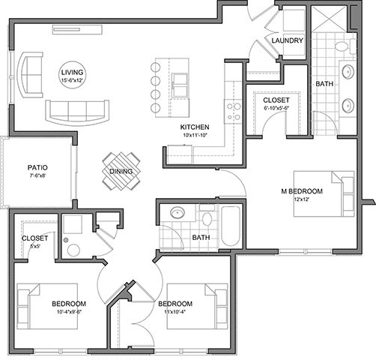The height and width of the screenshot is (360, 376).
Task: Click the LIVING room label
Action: pyautogui.click(x=72, y=73)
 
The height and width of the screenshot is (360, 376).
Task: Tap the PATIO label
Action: pyautogui.click(x=37, y=167)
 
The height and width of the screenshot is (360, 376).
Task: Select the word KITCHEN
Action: pyautogui.click(x=195, y=127)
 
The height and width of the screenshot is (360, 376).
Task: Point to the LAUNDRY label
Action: pyautogui.click(x=288, y=40)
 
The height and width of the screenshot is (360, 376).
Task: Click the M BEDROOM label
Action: pyautogui.click(x=302, y=191)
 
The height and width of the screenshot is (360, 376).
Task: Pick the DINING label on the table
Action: pyautogui.click(x=121, y=172)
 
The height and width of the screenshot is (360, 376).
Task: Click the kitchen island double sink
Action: pyautogui.click(x=180, y=85)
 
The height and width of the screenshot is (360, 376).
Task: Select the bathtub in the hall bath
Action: pyautogui.click(x=231, y=226)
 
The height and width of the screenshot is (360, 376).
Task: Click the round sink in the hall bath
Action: pyautogui.click(x=178, y=213)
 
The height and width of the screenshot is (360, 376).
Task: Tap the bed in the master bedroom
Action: pyautogui.click(x=324, y=193)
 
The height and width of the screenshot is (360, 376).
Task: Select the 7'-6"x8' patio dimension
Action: pyautogui.click(x=37, y=175)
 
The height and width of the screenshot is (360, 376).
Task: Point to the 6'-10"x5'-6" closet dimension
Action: pyautogui.click(x=276, y=108)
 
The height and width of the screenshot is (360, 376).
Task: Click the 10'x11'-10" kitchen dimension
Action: pyautogui.click(x=195, y=135)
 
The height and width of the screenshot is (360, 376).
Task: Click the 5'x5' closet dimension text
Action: pyautogui.click(x=34, y=246)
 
